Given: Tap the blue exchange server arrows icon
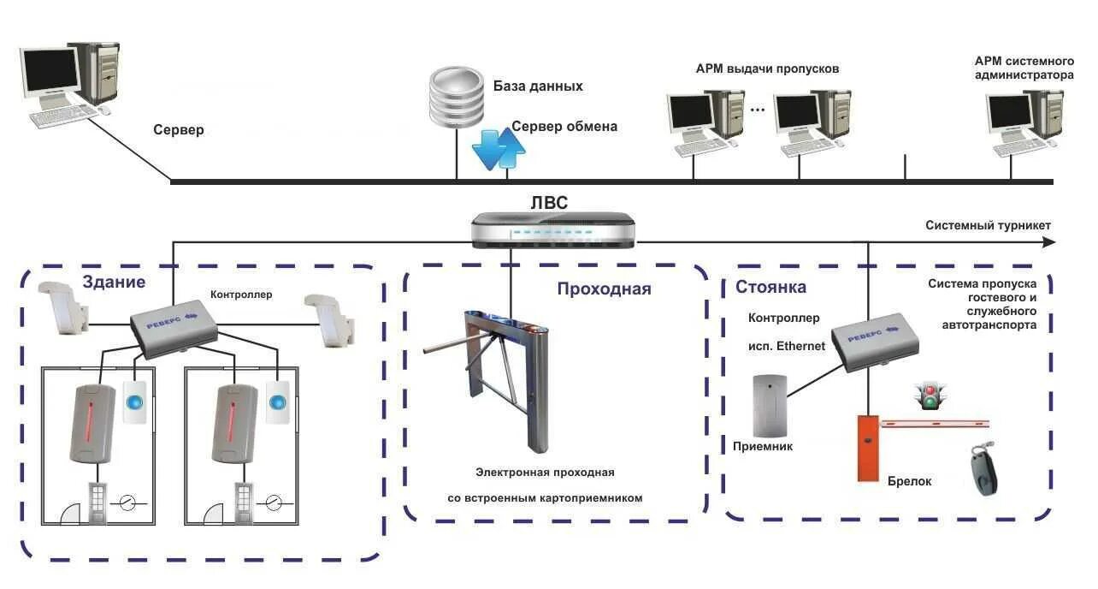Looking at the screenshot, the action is (x=499, y=150).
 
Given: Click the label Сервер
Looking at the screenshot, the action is (x=179, y=130).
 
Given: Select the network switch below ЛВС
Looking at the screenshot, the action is (x=553, y=229).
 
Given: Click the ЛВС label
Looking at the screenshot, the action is (x=549, y=202).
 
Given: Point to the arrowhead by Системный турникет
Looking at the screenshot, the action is (x=1048, y=241).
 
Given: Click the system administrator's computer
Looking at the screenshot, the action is (x=1025, y=123).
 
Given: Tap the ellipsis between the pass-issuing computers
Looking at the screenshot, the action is (x=758, y=110).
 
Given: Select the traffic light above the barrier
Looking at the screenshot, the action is (x=930, y=396).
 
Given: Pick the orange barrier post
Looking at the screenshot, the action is (x=868, y=448).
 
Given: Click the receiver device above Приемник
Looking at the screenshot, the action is (x=770, y=406).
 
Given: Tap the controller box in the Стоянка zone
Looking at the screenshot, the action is (x=876, y=342).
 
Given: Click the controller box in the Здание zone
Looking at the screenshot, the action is (x=174, y=329).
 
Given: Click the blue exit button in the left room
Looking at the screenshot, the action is (x=134, y=402).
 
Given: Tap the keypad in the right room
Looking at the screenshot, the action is (x=244, y=503).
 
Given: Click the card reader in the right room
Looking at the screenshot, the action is (x=235, y=424).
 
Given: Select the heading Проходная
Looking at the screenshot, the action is (x=604, y=289).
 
